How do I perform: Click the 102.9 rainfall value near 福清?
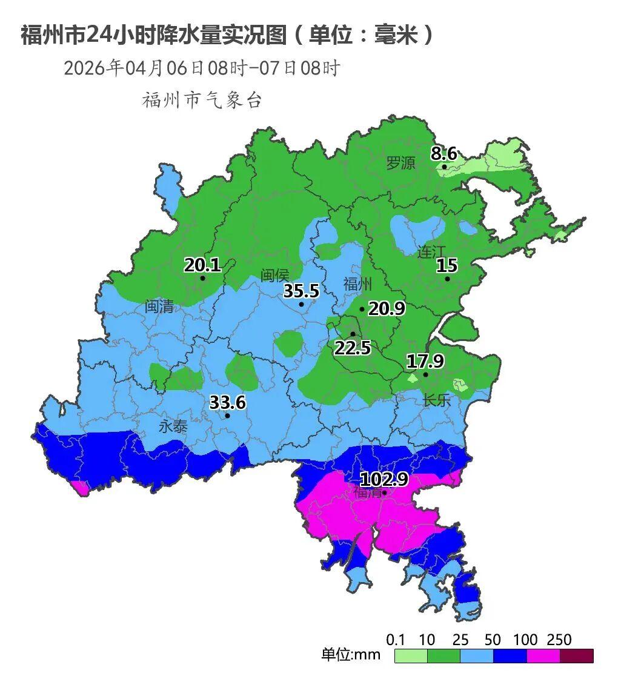384,479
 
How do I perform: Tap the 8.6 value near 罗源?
444,153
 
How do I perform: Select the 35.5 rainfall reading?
301,291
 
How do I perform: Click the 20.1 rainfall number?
202,265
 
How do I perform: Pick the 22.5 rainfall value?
353,348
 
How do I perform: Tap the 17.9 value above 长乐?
425,362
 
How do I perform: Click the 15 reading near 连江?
447,265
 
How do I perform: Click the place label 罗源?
401,162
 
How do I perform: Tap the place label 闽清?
159,307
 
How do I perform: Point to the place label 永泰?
173,426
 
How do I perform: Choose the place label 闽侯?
274,275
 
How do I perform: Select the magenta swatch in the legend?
543,655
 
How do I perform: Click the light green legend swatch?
411,655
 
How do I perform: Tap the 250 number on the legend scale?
559,640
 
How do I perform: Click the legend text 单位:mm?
351,654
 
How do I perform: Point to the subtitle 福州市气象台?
202,100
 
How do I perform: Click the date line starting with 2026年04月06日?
201,68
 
